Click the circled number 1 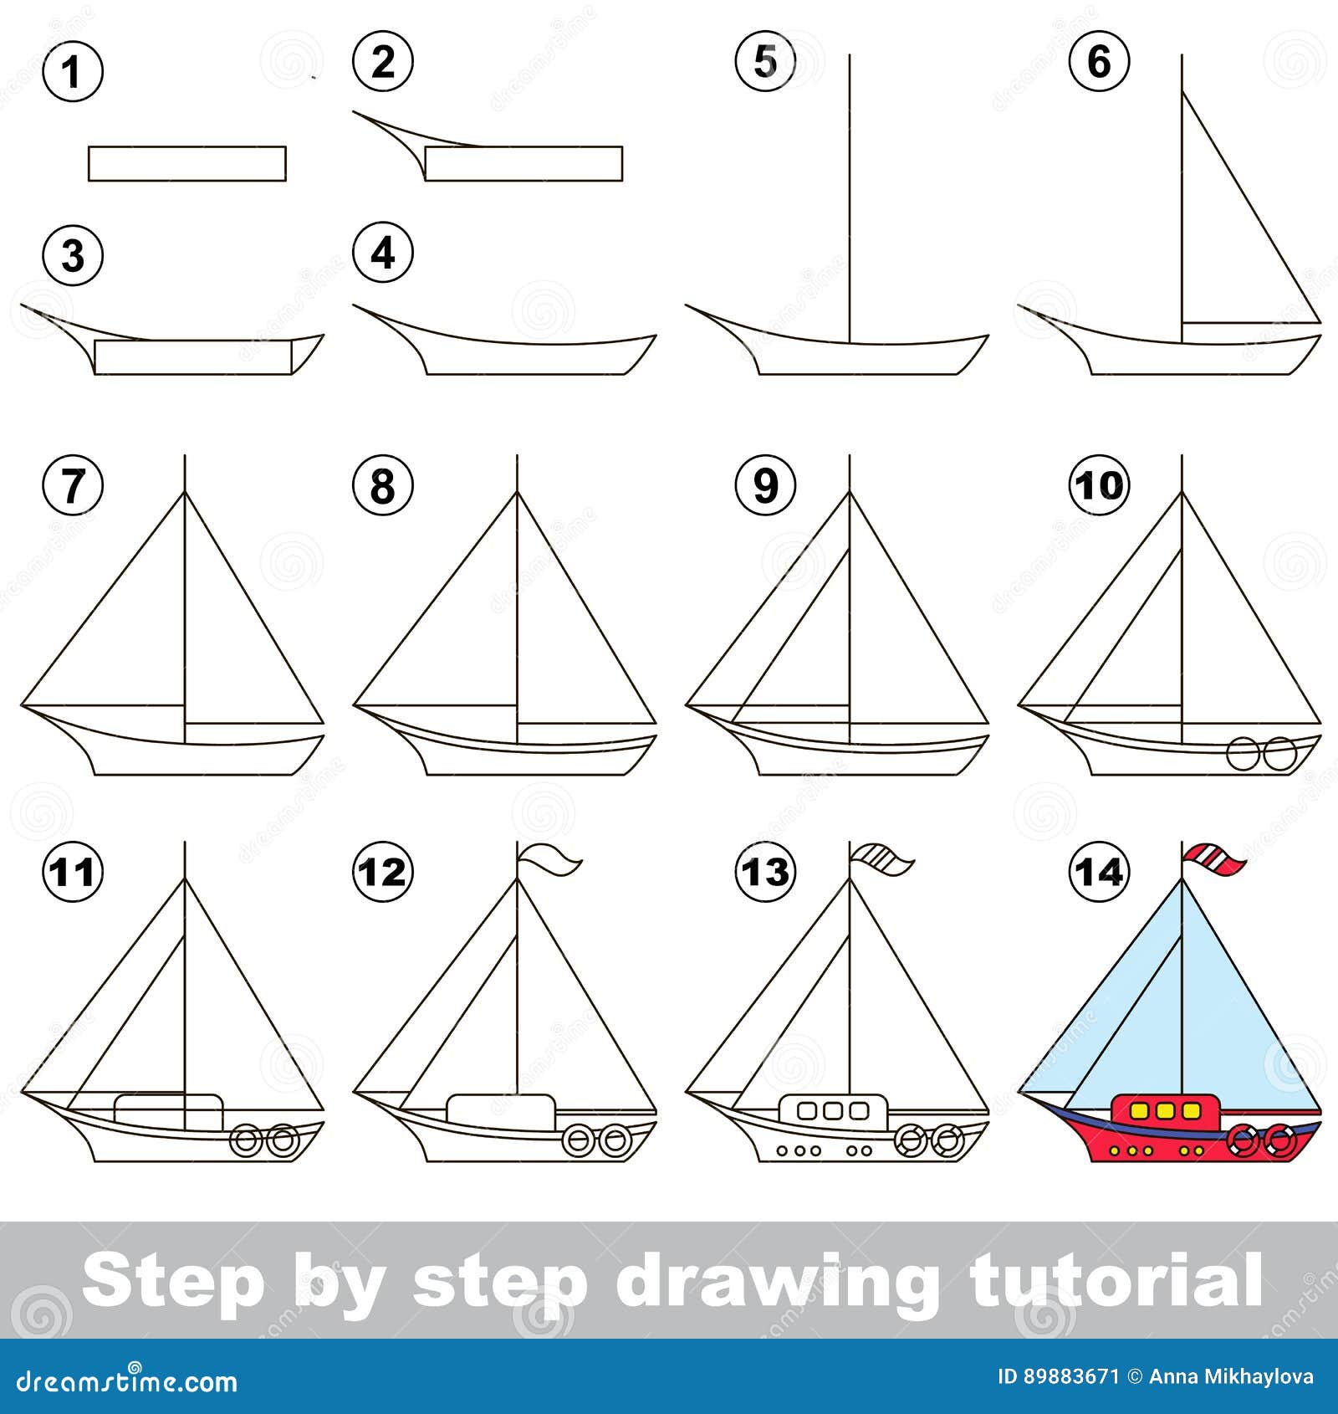(73, 71)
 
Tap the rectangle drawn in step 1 (187, 163)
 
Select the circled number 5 (765, 62)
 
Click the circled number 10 (1099, 484)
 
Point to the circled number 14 (1099, 872)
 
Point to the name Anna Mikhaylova (1231, 1376)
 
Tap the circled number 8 (382, 484)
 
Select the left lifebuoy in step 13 (911, 1140)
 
